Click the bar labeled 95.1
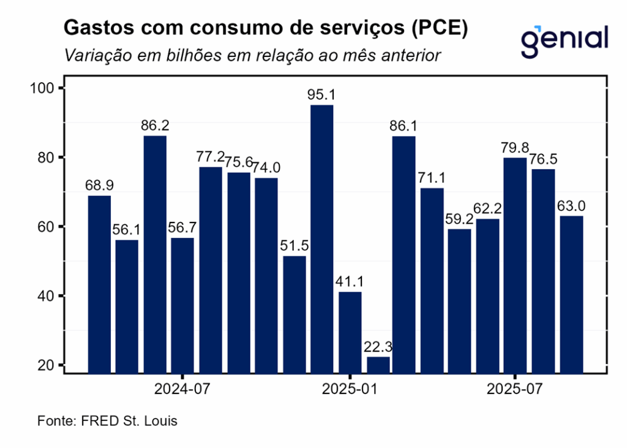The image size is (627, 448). click(x=322, y=238)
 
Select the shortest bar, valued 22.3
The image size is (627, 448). click(x=378, y=364)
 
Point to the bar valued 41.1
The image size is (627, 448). click(x=350, y=332)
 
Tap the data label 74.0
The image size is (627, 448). click(x=266, y=168)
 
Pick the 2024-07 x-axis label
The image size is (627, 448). click(x=182, y=389)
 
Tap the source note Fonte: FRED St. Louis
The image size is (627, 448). click(x=108, y=422)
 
